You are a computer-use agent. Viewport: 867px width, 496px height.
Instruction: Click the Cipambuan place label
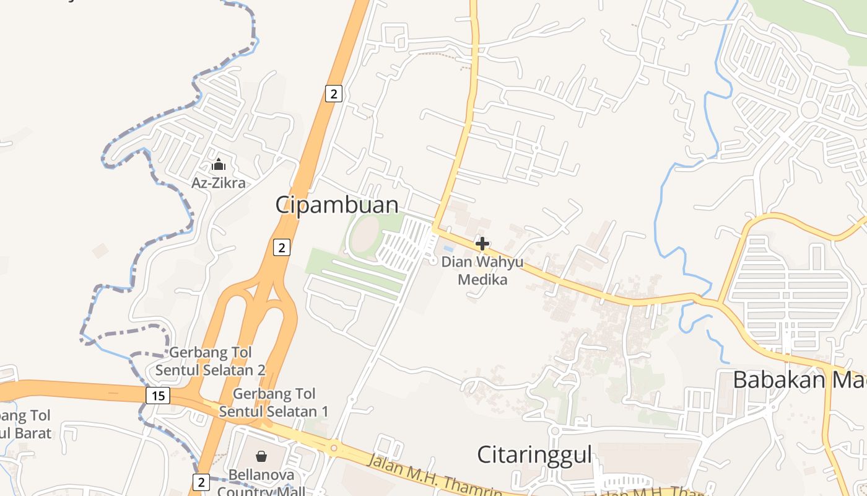click(337, 205)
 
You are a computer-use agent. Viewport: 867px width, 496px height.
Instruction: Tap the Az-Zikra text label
click(218, 183)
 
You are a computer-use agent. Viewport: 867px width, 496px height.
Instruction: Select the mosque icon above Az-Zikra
click(218, 165)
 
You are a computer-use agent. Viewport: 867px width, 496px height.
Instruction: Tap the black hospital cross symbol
click(482, 244)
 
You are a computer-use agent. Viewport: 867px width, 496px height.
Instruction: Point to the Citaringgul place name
click(534, 454)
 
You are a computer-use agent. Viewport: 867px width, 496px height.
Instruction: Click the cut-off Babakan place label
click(799, 379)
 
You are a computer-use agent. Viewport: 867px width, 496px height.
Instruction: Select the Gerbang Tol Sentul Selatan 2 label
click(211, 361)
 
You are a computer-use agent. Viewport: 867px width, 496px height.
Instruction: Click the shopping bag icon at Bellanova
click(261, 457)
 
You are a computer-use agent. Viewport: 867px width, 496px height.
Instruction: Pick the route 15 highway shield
click(159, 395)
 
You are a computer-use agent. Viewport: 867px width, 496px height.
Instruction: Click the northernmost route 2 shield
click(334, 94)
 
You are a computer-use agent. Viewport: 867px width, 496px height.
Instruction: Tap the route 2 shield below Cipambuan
click(282, 247)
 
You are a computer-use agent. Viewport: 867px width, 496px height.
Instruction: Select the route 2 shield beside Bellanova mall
click(201, 482)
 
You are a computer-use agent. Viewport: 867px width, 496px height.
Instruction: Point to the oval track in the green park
click(365, 237)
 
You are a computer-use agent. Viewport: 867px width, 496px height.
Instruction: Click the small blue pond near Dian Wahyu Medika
click(448, 249)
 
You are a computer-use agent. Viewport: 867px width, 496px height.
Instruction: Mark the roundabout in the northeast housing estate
click(809, 110)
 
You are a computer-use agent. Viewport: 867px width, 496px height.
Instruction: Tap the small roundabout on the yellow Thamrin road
click(334, 448)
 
